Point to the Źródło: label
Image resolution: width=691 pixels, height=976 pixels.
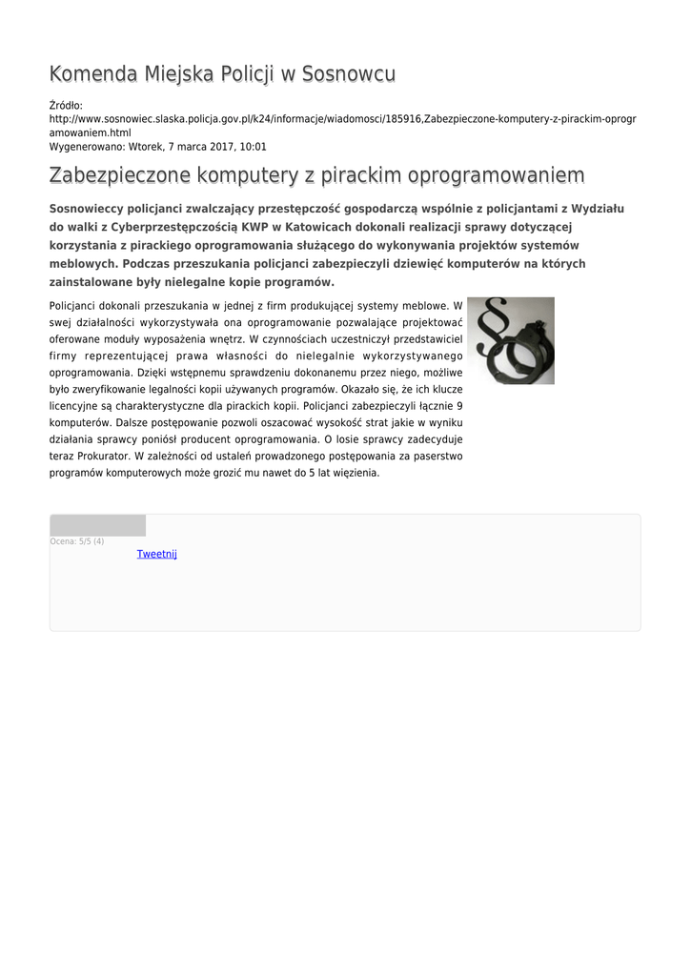point(66,106)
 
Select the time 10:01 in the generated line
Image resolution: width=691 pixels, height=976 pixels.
point(253,147)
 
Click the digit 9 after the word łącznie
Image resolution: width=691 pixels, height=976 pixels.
point(460,405)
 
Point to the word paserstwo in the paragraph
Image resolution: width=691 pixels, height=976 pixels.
point(437,456)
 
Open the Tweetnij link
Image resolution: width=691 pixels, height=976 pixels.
point(156,554)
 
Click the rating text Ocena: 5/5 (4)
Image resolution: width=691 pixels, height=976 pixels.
point(77,541)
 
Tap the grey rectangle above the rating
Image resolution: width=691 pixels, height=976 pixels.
point(97,525)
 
